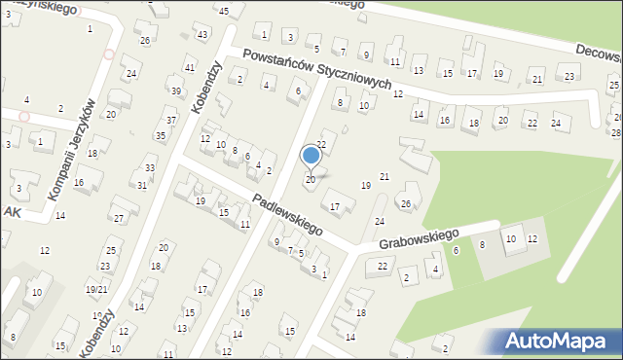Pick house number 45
click(x=224, y=11)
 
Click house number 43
click(x=202, y=35)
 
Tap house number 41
click(x=190, y=68)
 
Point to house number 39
click(x=176, y=91)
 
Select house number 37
click(x=171, y=121)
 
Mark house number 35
click(x=161, y=136)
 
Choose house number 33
click(x=150, y=168)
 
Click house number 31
click(x=142, y=185)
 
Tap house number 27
click(x=118, y=218)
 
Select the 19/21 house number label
click(x=95, y=290)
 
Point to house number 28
click(x=616, y=132)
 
